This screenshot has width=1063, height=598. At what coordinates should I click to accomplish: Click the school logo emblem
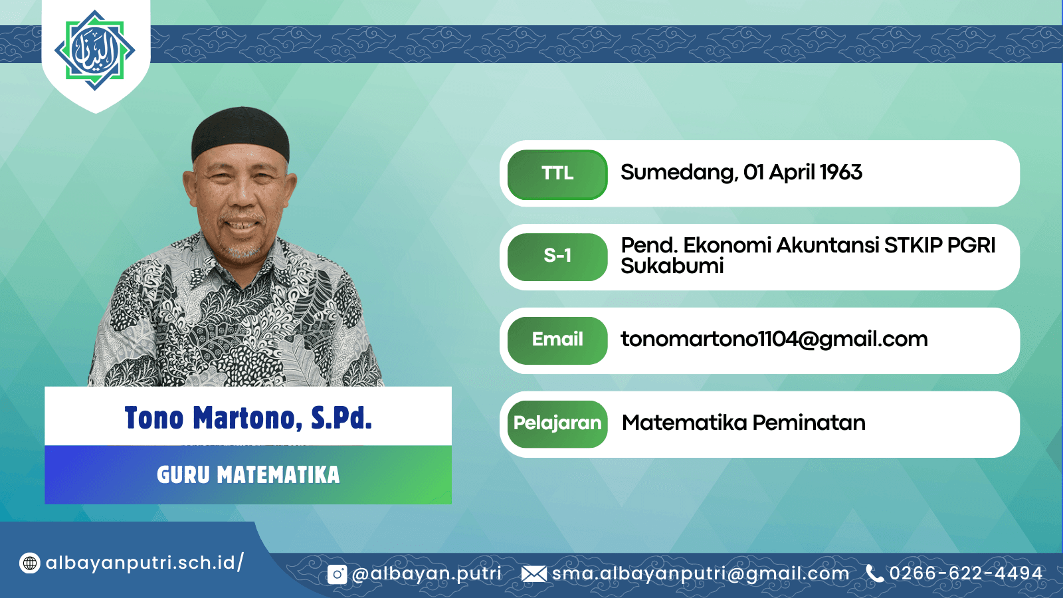click(x=95, y=50)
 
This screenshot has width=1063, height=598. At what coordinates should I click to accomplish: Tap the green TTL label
click(x=557, y=173)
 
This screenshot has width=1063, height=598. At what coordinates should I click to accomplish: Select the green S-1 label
click(x=557, y=256)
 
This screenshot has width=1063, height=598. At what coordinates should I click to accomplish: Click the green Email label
click(x=557, y=340)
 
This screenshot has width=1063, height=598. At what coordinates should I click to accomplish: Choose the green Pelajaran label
click(x=557, y=423)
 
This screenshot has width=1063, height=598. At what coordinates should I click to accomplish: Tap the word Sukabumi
click(x=672, y=266)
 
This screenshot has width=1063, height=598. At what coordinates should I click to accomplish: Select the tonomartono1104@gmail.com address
click(x=774, y=340)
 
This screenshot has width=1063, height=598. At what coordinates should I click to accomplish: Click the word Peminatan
click(x=809, y=423)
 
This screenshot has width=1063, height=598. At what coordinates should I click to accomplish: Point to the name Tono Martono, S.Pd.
click(x=248, y=418)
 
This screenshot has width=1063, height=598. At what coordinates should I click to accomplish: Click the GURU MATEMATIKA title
click(x=248, y=474)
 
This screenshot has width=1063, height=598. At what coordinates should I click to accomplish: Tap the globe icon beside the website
click(x=29, y=563)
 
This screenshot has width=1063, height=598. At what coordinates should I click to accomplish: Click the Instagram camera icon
click(x=337, y=574)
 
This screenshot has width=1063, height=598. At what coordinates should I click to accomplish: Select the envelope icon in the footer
click(x=534, y=574)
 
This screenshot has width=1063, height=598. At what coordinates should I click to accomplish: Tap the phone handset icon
click(x=874, y=573)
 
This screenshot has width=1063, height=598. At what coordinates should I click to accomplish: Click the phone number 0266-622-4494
click(x=966, y=573)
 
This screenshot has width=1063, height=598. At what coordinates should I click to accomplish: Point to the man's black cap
click(x=241, y=134)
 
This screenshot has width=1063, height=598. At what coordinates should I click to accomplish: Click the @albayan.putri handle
click(x=426, y=574)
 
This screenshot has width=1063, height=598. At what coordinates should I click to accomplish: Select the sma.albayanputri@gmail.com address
click(x=700, y=574)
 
